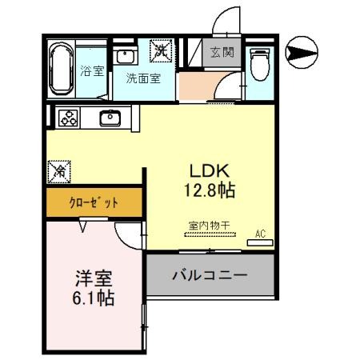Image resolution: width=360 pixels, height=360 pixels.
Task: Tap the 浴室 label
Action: coord(93,71)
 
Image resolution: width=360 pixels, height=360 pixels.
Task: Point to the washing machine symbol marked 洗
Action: coord(162,51)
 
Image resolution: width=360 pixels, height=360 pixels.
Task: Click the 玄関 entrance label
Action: coord(222,53)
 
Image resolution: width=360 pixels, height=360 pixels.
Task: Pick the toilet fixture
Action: coord(260,64)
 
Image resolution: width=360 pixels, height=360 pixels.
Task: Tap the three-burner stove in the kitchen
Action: coord(67,118)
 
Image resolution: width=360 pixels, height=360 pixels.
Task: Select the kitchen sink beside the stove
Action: coord(110,118)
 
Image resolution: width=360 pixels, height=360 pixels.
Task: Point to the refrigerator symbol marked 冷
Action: coord(58,170)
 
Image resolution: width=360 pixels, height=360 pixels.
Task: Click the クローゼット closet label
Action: coord(94,202)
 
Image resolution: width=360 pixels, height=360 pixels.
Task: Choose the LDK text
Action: coord(209,171)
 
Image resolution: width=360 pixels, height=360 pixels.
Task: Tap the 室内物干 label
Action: coord(209,226)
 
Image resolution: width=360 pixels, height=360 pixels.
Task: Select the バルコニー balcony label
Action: coord(210,274)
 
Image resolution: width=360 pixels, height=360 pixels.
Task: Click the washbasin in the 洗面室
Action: coord(126,57)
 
